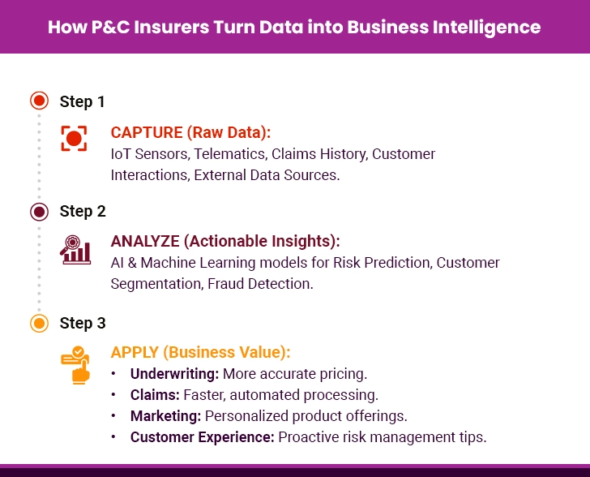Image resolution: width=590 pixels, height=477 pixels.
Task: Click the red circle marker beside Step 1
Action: tap(38, 101)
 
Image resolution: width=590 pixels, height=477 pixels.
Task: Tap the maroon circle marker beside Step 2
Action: tap(38, 212)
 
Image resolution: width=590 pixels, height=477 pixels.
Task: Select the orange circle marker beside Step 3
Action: tap(38, 324)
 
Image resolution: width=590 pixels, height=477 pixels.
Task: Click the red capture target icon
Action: tap(74, 139)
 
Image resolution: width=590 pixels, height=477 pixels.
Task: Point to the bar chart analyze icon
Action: tap(75, 250)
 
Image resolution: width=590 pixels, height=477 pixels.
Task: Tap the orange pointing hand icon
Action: tap(75, 363)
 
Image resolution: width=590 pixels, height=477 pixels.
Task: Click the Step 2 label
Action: tap(83, 212)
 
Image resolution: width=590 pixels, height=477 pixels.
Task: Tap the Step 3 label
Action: tap(83, 324)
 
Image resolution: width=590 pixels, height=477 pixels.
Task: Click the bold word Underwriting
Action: tap(174, 374)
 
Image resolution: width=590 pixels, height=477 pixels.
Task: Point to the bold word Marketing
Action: tap(165, 416)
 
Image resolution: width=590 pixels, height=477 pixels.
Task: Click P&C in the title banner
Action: tap(105, 27)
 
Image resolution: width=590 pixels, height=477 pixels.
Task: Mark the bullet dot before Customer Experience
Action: tap(114, 437)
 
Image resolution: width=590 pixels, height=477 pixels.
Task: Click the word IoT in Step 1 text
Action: tap(120, 154)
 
